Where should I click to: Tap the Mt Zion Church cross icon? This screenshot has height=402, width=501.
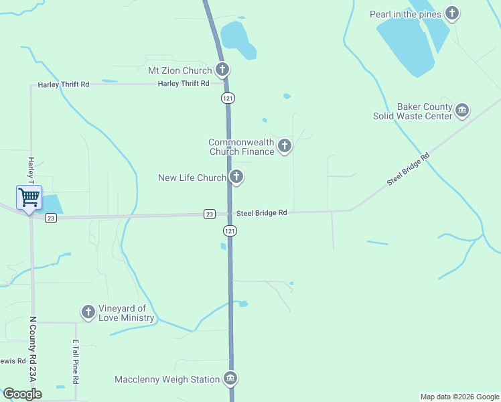click(x=222, y=70)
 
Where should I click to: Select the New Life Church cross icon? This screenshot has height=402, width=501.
click(x=236, y=178)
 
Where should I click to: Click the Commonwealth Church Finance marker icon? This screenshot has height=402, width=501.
click(x=285, y=145)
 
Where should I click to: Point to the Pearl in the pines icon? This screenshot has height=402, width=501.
click(x=453, y=13)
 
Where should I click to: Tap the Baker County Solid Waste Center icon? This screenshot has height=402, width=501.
click(x=461, y=110)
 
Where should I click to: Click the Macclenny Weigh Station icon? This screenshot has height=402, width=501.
click(x=230, y=379)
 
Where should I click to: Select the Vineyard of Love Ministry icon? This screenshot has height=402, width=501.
click(x=88, y=312)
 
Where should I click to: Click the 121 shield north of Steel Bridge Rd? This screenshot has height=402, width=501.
click(x=228, y=98)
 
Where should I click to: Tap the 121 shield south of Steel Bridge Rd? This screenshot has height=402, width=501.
click(x=229, y=230)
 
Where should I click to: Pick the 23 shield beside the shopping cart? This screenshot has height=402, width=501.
click(x=51, y=218)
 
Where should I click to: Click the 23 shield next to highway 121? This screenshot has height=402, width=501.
click(x=210, y=214)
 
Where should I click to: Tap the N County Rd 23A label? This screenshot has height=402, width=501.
click(x=32, y=349)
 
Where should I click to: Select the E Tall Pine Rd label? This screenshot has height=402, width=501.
click(x=76, y=361)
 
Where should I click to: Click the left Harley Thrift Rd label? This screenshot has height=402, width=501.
click(x=64, y=84)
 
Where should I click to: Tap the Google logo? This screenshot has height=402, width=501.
click(x=22, y=394)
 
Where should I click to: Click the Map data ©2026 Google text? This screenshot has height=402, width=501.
click(x=459, y=397)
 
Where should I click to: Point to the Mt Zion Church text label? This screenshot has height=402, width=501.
click(x=180, y=70)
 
